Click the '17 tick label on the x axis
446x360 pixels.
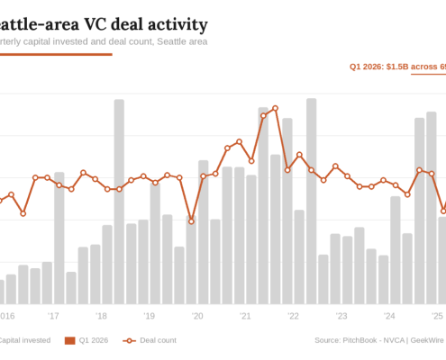click(53, 316)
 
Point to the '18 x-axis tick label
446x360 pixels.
click(101, 316)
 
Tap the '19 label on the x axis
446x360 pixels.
click(149, 316)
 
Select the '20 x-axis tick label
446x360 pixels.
click(197, 316)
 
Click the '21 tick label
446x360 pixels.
click(245, 316)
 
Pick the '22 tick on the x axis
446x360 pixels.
click(293, 316)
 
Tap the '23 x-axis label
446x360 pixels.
click(341, 316)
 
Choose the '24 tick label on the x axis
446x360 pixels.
click(389, 316)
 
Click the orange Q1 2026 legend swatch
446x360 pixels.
click(69, 340)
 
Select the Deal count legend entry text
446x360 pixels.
click(158, 340)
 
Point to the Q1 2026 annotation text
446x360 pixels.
click(397, 66)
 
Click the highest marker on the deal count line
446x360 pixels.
click(275, 108)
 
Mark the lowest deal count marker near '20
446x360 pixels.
click(191, 220)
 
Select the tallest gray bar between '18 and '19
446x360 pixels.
click(119, 202)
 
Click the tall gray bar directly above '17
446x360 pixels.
click(59, 238)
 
